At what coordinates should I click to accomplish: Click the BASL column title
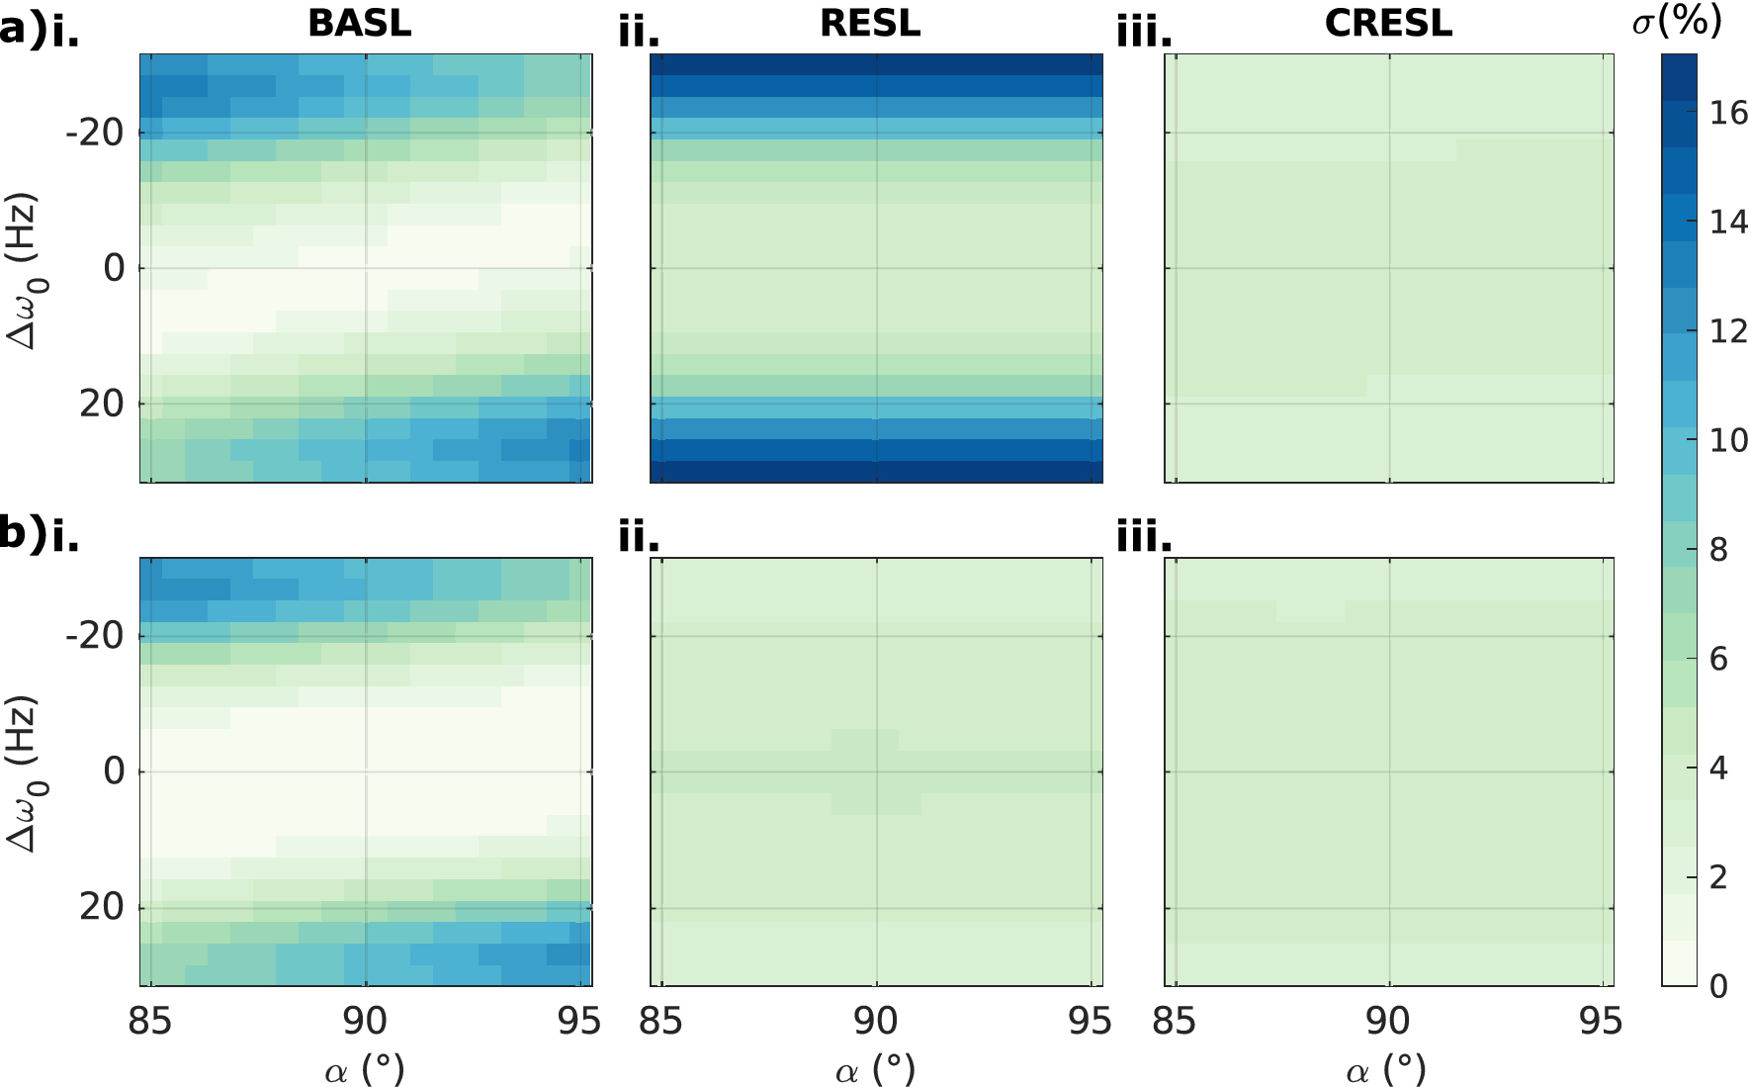point(359,23)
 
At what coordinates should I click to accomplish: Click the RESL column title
point(870,23)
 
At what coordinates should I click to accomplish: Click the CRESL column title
point(1388,23)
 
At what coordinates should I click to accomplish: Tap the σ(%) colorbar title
point(1678,20)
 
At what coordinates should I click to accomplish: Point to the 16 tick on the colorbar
point(1728,114)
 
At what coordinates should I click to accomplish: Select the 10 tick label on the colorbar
point(1728,440)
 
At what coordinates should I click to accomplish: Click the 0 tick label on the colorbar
point(1718,986)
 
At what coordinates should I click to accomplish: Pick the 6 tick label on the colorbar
point(1718,659)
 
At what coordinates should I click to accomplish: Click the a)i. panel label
point(40,32)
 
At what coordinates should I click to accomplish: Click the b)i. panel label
point(40,535)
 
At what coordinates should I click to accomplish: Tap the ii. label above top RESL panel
point(639,34)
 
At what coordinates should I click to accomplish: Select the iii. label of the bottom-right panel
point(1144,537)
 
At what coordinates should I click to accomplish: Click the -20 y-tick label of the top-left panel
point(95,133)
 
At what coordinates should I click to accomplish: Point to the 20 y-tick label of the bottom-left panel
point(102,906)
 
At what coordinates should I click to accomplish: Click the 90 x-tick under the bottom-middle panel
point(875,1021)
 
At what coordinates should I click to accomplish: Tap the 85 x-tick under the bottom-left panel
point(150,1021)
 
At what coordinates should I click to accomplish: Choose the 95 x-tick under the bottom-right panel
point(1601,1021)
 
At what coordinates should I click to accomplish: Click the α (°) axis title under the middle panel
point(875,1070)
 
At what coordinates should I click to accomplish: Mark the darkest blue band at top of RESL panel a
point(876,64)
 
